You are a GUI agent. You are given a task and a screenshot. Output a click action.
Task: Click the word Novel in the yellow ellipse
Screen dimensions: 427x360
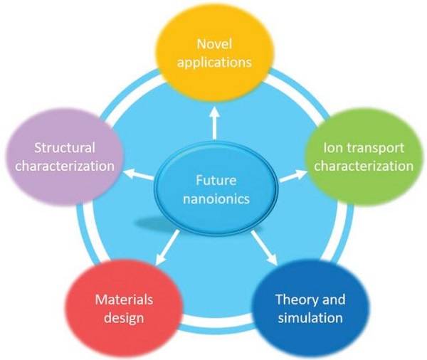click(x=214, y=44)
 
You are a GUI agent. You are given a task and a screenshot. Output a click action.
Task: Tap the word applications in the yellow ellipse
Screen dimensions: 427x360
click(x=214, y=63)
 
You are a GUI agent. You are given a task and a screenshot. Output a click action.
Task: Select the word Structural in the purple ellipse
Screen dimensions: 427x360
click(x=65, y=148)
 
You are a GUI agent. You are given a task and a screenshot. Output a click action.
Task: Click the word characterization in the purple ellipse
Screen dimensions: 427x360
click(x=65, y=166)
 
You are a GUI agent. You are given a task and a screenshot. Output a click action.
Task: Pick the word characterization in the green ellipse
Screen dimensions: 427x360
click(x=364, y=166)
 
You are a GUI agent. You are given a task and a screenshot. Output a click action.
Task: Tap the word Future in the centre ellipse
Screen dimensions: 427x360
click(x=216, y=181)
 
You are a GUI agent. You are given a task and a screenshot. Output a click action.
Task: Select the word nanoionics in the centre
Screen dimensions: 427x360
click(x=216, y=199)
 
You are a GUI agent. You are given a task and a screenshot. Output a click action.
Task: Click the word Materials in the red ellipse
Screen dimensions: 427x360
click(x=124, y=300)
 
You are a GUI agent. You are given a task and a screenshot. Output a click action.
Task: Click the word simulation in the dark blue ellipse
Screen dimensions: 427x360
click(x=310, y=318)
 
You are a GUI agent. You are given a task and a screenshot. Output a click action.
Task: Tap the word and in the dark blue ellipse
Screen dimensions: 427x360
click(x=334, y=300)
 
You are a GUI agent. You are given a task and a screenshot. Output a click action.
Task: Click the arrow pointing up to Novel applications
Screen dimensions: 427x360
click(x=215, y=122)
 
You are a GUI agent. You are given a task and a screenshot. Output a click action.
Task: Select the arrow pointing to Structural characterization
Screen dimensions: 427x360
click(x=138, y=174)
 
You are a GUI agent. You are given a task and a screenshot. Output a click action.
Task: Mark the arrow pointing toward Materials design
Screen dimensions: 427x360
click(x=167, y=248)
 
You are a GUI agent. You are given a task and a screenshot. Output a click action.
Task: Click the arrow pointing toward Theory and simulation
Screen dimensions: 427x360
click(x=264, y=248)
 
